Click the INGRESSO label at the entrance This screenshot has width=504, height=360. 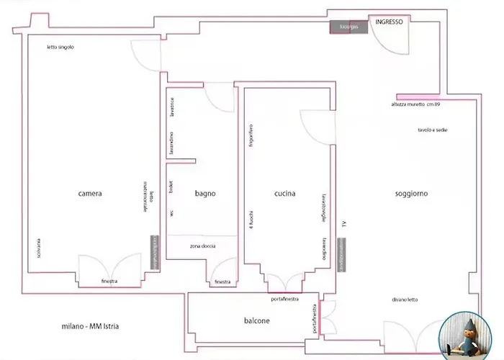point(389,22)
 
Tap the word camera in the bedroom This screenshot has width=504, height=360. point(90,194)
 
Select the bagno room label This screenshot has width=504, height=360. point(205,194)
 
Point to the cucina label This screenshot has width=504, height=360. point(286,194)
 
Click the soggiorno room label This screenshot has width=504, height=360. point(411,194)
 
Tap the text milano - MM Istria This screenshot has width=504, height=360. point(91,328)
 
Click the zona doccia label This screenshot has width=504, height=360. point(202,246)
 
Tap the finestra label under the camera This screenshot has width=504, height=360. point(109,281)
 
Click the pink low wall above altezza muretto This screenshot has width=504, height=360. point(417,96)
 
